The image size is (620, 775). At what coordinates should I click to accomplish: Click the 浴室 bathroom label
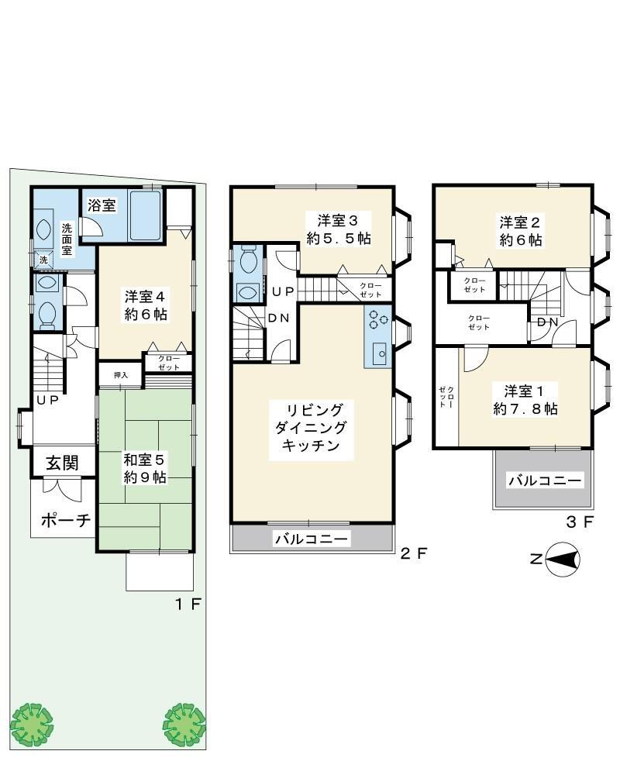pyautogui.click(x=102, y=205)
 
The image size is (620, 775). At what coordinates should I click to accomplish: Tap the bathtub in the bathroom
pyautogui.click(x=146, y=215)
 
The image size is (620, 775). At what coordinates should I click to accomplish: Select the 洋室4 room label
pyautogui.click(x=145, y=297)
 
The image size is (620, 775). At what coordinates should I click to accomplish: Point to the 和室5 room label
pyautogui.click(x=143, y=460)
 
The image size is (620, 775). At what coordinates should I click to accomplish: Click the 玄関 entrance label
pyautogui.click(x=62, y=463)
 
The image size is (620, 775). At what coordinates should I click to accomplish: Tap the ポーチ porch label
pyautogui.click(x=66, y=520)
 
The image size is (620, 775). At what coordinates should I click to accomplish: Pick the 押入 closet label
pyautogui.click(x=121, y=375)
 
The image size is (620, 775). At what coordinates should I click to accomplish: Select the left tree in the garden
pyautogui.click(x=32, y=725)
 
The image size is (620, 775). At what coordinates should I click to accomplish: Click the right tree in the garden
pyautogui.click(x=184, y=725)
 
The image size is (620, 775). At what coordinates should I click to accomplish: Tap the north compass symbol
pyautogui.click(x=562, y=560)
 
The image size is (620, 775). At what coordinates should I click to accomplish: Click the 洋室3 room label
pyautogui.click(x=338, y=220)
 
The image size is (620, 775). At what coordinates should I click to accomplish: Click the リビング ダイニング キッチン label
pyautogui.click(x=311, y=428)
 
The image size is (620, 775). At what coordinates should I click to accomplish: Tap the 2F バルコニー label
pyautogui.click(x=312, y=539)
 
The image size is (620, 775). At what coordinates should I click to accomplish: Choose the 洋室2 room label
pyautogui.click(x=519, y=222)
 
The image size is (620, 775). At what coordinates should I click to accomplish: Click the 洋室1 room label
pyautogui.click(x=524, y=391)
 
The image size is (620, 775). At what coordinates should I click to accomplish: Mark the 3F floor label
pyautogui.click(x=580, y=522)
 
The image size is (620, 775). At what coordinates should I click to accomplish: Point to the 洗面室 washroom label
pyautogui.click(x=67, y=239)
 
